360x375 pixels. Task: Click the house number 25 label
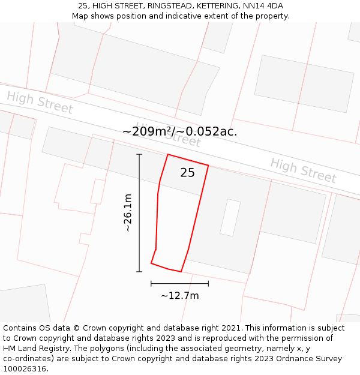click(187, 173)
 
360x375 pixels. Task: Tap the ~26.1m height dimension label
click(127, 212)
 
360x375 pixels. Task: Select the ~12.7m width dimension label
click(179, 295)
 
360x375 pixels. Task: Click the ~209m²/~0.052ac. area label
click(179, 131)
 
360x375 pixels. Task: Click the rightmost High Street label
click(303, 170)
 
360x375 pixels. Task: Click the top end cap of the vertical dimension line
click(139, 155)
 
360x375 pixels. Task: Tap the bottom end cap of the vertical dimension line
click(139, 272)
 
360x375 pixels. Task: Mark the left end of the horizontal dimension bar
click(151, 283)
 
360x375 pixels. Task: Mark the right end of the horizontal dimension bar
click(208, 283)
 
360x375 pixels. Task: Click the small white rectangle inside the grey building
click(230, 218)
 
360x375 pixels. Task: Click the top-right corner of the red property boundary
click(208, 165)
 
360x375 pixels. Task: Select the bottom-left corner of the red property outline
click(151, 263)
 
